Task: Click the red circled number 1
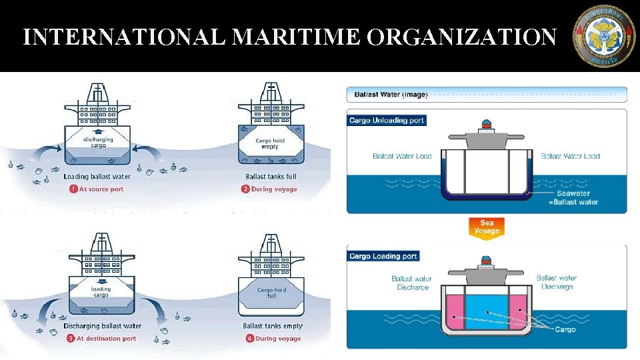click(x=74, y=189)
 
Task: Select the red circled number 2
click(x=245, y=189)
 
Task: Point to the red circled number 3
click(x=71, y=338)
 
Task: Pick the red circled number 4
click(x=249, y=338)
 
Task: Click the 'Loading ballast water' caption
click(x=97, y=177)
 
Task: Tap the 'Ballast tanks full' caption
click(x=271, y=177)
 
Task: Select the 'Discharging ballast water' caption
click(x=102, y=326)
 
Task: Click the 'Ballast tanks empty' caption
click(x=272, y=326)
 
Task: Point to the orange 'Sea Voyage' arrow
click(x=487, y=228)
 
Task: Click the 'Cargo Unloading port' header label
click(x=387, y=121)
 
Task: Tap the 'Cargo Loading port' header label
click(x=383, y=256)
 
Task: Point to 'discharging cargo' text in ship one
click(x=98, y=143)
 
